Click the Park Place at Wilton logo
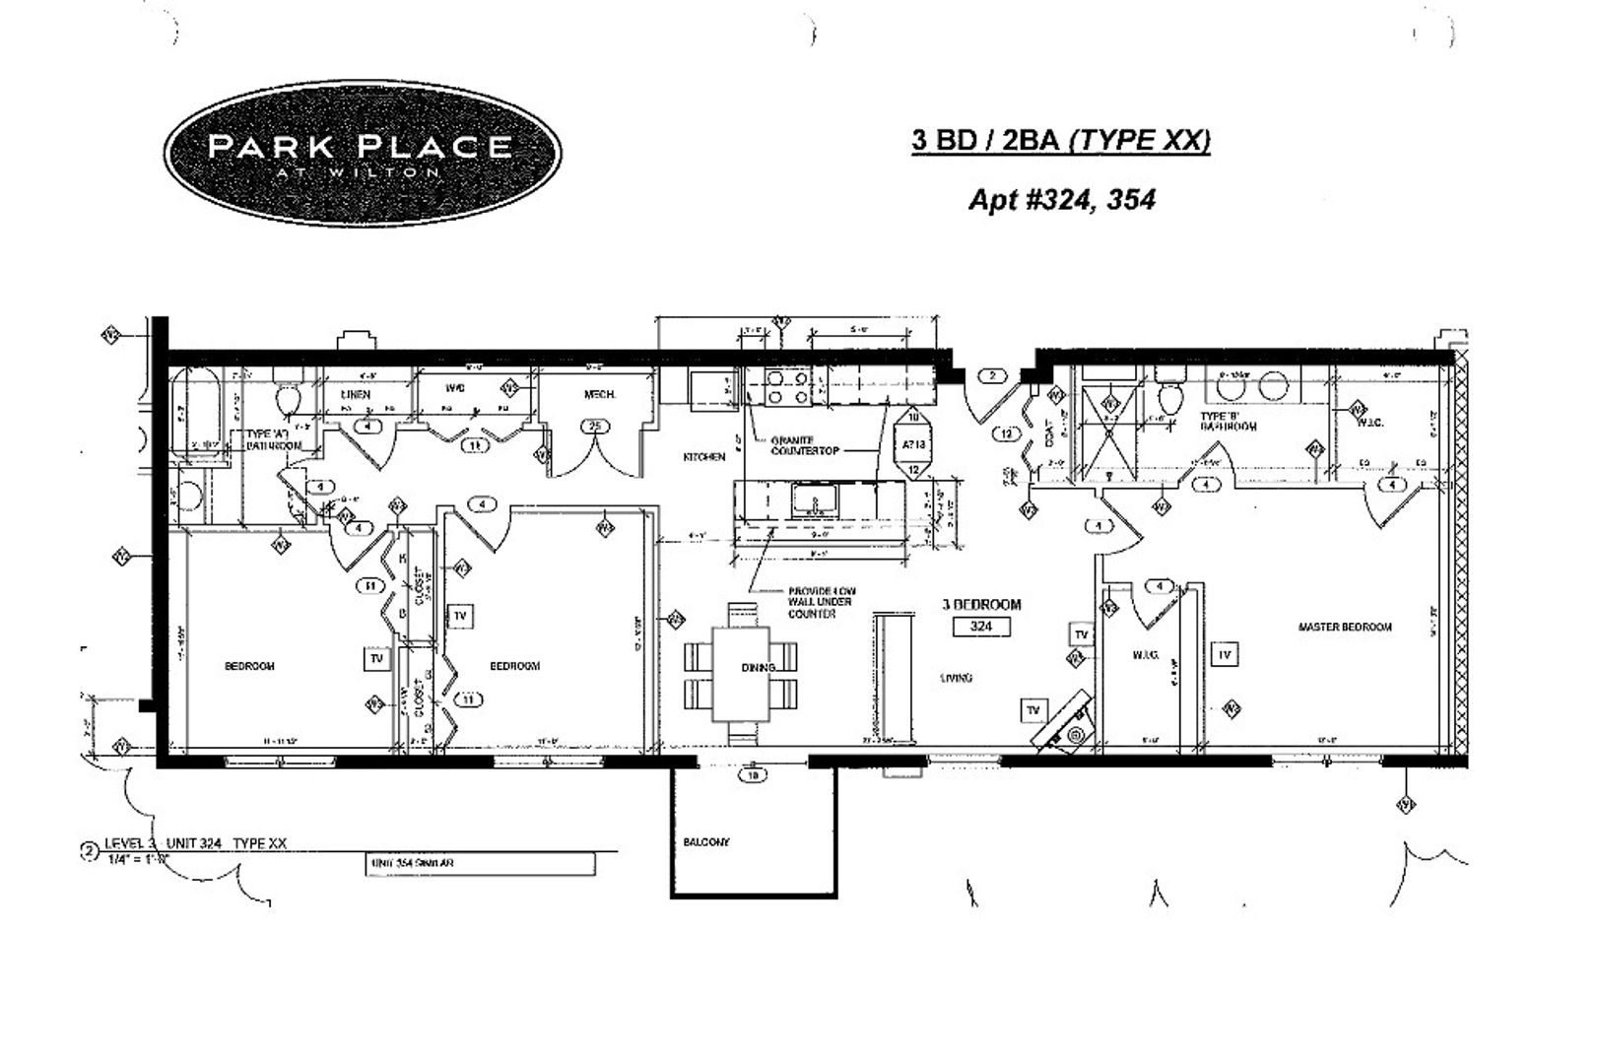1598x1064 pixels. (362, 153)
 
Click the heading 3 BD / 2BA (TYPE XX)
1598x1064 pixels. (1060, 141)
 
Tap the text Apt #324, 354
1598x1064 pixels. (1061, 200)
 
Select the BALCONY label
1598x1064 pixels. (706, 842)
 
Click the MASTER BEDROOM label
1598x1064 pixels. (1345, 627)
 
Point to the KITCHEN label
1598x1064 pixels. (704, 457)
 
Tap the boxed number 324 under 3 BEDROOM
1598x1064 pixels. (980, 626)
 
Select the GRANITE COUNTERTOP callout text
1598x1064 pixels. (805, 445)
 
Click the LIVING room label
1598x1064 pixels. (956, 678)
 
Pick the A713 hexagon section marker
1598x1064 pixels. (913, 443)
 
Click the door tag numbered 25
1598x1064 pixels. (594, 426)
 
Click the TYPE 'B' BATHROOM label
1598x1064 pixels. (1229, 422)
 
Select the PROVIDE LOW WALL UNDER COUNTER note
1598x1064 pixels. (819, 602)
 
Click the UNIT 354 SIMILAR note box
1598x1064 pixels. (480, 863)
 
